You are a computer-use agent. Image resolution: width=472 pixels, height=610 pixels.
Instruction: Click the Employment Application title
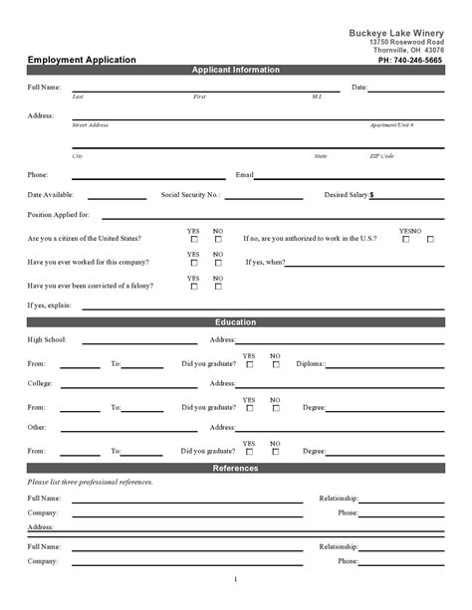point(82,60)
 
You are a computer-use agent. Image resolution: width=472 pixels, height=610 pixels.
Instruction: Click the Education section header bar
point(235,322)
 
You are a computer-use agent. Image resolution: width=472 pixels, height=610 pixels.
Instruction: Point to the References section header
point(235,468)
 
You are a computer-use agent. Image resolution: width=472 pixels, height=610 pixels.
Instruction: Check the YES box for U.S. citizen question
point(193,239)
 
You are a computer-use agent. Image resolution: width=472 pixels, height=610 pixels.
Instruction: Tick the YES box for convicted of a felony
point(193,287)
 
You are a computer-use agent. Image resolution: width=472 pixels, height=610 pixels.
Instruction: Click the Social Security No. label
point(190,195)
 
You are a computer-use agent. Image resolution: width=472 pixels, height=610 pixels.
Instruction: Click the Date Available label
point(50,195)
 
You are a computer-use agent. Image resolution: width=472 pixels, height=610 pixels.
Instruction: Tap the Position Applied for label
point(59,215)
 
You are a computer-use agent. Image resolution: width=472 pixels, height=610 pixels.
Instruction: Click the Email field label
point(245,174)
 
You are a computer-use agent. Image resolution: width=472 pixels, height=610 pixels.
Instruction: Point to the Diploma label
point(311,364)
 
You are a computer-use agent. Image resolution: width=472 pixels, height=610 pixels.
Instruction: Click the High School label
point(47,340)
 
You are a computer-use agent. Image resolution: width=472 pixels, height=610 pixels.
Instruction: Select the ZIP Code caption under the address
point(381,156)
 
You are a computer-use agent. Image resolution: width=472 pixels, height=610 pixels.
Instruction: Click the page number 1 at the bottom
point(236,580)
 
